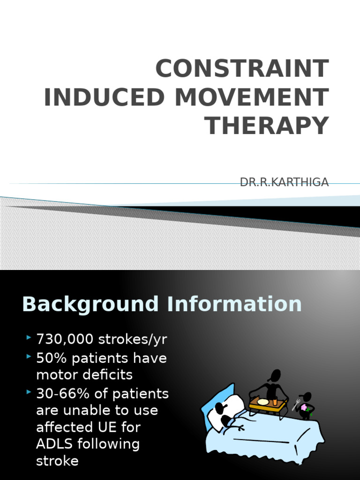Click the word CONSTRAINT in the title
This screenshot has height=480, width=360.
(242, 69)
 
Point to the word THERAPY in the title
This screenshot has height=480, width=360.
(268, 126)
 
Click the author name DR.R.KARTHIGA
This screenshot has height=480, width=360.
(284, 182)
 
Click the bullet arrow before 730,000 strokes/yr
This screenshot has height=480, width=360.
(29, 337)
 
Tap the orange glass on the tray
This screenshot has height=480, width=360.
(275, 401)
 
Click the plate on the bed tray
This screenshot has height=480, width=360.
(263, 402)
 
